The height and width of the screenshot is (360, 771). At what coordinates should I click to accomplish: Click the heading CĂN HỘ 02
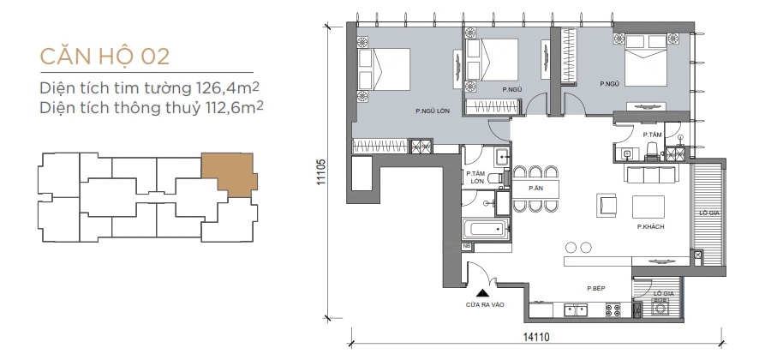[x=105, y=57]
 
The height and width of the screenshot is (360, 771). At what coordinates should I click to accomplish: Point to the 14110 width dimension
[x=536, y=338]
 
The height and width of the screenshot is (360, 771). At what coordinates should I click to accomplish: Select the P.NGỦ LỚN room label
[x=433, y=111]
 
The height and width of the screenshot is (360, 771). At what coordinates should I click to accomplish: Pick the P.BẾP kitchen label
[x=596, y=289]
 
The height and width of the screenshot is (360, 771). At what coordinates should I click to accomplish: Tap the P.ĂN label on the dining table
[x=535, y=188]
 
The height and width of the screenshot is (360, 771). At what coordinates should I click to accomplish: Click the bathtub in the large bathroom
[x=485, y=229]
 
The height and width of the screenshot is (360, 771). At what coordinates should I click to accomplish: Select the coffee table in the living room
[x=648, y=207]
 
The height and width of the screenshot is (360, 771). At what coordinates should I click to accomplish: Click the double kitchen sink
[x=576, y=310]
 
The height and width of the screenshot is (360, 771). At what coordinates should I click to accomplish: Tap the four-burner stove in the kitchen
[x=613, y=310]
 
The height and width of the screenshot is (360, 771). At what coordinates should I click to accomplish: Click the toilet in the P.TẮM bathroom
[x=652, y=152]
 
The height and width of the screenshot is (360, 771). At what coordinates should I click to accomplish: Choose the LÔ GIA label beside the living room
[x=708, y=213]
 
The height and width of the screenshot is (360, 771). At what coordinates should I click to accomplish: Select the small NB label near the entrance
[x=467, y=246]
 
